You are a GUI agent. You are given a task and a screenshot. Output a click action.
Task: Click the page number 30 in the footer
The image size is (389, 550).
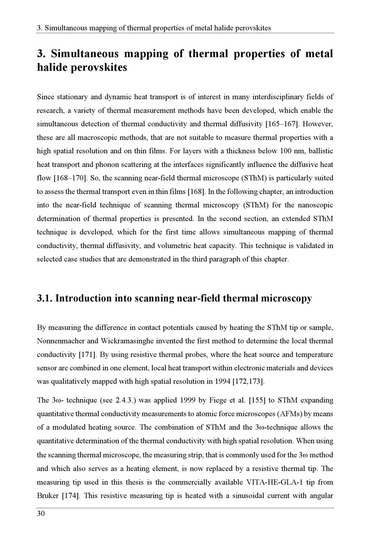point(41,514)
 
